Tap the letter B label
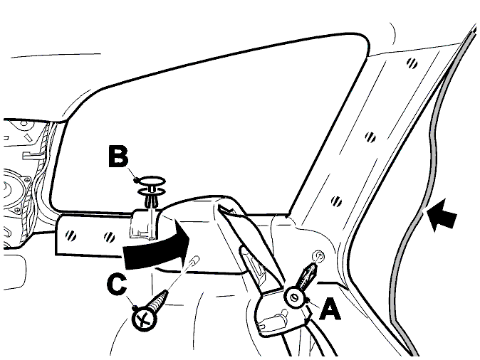click(118, 157)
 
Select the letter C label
click(117, 285)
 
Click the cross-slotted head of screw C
click(144, 319)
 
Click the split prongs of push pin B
click(151, 201)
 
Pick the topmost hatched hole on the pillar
click(412, 63)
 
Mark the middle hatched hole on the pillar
click(370, 137)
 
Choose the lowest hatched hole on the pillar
click(336, 201)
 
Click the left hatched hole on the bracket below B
click(71, 235)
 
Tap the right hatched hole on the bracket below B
click(109, 237)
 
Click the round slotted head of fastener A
click(294, 297)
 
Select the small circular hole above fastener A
click(318, 255)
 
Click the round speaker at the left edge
click(9, 190)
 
